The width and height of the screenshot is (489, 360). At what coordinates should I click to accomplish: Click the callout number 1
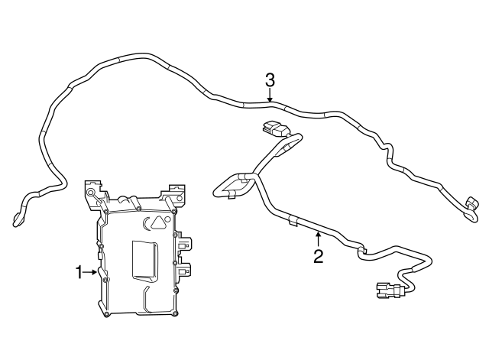pyautogui.click(x=78, y=271)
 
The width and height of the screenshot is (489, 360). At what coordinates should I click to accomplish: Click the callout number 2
pyautogui.click(x=318, y=257)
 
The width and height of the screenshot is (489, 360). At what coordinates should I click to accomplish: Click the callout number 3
pyautogui.click(x=270, y=79)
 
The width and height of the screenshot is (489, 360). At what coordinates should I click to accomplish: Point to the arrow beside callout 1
pyautogui.click(x=91, y=271)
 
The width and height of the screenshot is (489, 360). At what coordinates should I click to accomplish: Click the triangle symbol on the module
pyautogui.click(x=157, y=223)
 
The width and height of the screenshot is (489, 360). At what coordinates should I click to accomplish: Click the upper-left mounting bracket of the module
pyautogui.click(x=92, y=191)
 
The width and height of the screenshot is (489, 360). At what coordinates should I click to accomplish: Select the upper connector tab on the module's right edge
pyautogui.click(x=184, y=244)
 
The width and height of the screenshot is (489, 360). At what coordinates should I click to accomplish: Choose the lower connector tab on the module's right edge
pyautogui.click(x=184, y=269)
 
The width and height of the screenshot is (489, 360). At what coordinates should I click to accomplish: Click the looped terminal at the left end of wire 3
pyautogui.click(x=18, y=220)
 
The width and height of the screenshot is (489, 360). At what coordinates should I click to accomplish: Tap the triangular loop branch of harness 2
pyautogui.click(x=235, y=184)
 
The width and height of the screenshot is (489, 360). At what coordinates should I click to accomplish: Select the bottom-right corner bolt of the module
pyautogui.click(x=176, y=312)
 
